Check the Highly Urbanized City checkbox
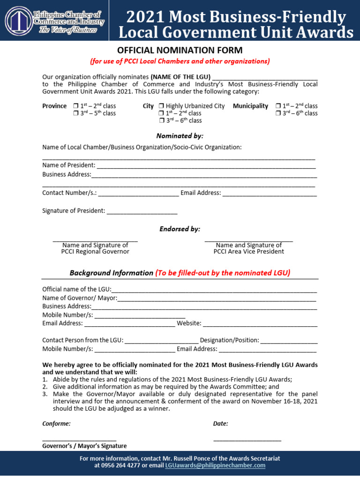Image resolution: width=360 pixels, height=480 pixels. [161, 106]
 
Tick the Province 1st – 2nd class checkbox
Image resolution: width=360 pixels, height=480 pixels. [76, 106]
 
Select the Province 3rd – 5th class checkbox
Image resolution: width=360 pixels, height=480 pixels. [76, 113]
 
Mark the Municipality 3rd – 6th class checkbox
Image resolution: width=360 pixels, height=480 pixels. [278, 113]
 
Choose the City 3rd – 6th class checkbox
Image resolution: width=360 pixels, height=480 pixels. [161, 121]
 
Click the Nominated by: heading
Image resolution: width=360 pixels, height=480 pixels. [180, 136]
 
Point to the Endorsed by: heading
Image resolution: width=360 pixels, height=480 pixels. [180, 229]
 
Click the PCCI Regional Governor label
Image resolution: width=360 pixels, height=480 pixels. [95, 252]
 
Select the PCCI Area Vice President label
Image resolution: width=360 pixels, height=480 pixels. [248, 252]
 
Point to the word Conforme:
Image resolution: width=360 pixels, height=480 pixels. [56, 424]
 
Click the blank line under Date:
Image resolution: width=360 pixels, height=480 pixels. [247, 440]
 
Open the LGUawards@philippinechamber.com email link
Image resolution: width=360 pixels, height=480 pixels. [215, 465]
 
